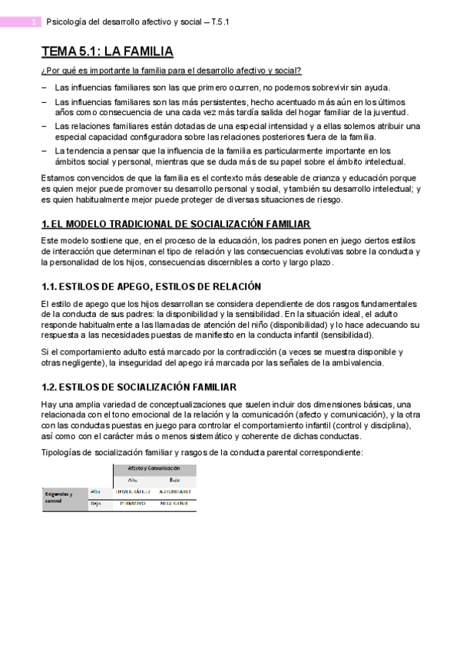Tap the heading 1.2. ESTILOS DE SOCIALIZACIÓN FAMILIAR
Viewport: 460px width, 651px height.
click(x=138, y=387)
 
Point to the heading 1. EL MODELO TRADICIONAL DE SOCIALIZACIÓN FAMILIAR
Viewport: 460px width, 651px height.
click(x=176, y=223)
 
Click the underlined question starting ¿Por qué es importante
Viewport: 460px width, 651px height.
click(x=171, y=71)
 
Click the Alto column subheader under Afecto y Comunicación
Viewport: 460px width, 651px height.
click(x=131, y=479)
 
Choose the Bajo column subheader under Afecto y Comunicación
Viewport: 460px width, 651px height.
click(x=175, y=479)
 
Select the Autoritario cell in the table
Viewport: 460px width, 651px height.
click(x=175, y=491)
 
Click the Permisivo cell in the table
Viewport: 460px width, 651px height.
click(x=132, y=504)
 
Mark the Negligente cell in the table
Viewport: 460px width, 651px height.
click(x=175, y=504)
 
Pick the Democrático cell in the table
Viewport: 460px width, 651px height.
click(x=132, y=491)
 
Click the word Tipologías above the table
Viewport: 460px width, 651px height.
click(x=61, y=452)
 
